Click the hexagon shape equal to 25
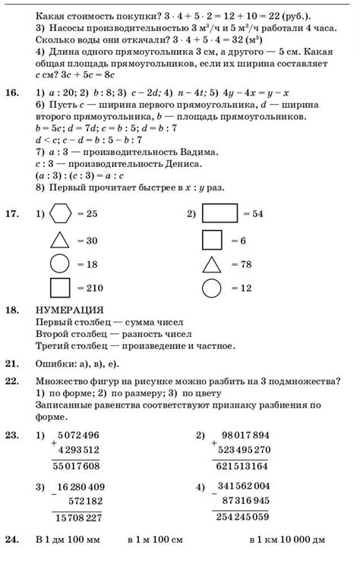coord(60,215)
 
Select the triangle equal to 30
coord(60,240)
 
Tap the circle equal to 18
coord(60,264)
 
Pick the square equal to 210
coord(60,288)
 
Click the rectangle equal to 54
coord(221,215)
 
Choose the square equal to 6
coord(212,240)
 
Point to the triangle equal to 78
coord(212,264)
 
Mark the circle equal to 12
coord(212,288)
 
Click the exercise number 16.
coord(11,93)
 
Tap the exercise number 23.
coord(11,435)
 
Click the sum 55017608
coord(76,465)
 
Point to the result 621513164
coord(242,465)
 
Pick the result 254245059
coord(242,518)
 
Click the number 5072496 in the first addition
coord(79,435)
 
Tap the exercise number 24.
coord(11,540)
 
